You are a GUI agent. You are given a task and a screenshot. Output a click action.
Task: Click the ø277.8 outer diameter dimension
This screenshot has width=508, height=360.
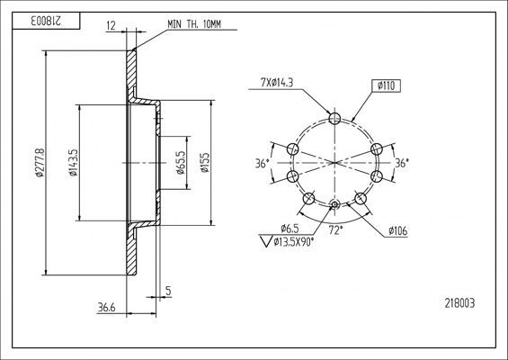[40, 163]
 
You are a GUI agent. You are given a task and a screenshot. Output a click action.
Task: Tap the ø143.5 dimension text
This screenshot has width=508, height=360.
[74, 163]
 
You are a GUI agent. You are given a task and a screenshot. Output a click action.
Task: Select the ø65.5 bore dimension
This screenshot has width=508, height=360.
[181, 163]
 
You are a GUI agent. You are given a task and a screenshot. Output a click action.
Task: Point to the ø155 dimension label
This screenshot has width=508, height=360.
[205, 163]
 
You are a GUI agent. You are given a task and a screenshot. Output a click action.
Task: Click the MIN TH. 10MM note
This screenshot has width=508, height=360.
[194, 24]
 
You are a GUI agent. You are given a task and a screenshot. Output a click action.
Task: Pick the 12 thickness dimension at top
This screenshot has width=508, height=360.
[111, 25]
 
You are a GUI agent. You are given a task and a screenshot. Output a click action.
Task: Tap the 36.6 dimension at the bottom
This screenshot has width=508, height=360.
[106, 307]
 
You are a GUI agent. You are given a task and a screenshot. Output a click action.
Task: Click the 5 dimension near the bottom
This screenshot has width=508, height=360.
[168, 291]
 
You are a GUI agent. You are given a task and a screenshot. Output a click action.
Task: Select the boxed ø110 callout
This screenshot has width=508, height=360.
[386, 85]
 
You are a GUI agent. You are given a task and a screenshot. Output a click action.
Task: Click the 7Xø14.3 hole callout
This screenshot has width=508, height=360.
[277, 83]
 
